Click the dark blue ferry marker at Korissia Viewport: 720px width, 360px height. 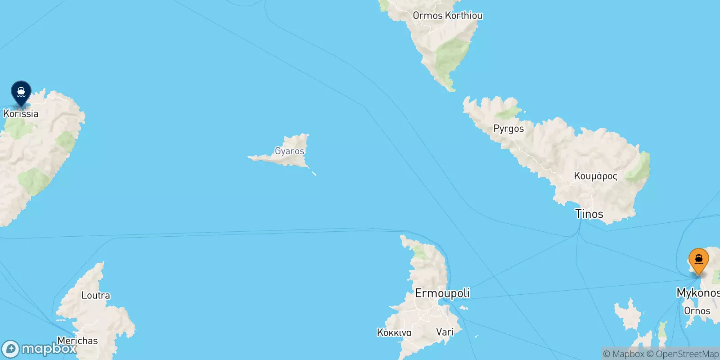click(21, 92)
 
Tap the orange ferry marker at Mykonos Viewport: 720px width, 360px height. click(698, 260)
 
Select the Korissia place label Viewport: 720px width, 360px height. click(21, 113)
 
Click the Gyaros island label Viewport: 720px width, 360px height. click(290, 151)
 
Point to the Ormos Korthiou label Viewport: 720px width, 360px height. click(447, 15)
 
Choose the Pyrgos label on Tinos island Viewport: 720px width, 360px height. click(508, 129)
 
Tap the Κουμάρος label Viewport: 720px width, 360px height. click(595, 176)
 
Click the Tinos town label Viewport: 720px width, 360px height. click(589, 214)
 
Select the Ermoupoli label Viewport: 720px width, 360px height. click(442, 293)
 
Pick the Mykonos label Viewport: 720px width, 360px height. click(697, 293)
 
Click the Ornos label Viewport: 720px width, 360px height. click(697, 311)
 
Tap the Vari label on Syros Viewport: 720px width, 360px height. click(445, 332)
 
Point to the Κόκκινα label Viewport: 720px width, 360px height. click(394, 333)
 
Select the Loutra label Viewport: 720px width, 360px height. click(95, 296)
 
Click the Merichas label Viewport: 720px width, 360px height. click(77, 341)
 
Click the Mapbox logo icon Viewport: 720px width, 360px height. click(11, 349)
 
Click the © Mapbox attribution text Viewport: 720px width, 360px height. click(623, 354)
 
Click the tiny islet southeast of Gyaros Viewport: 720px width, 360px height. click(314, 174)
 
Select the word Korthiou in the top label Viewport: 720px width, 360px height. click(463, 15)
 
